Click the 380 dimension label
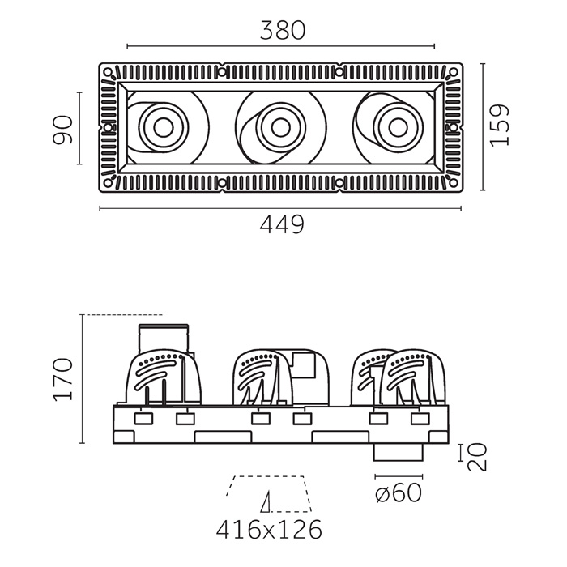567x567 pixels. tap(283, 31)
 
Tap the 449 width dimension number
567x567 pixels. tap(282, 224)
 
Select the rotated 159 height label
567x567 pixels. tap(499, 126)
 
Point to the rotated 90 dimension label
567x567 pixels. tap(63, 130)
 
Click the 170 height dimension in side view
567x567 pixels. tap(63, 379)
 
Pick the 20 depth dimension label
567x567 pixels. tap(477, 457)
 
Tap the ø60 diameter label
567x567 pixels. tap(399, 492)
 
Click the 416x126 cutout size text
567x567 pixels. tap(269, 530)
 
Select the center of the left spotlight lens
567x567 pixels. tap(164, 127)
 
